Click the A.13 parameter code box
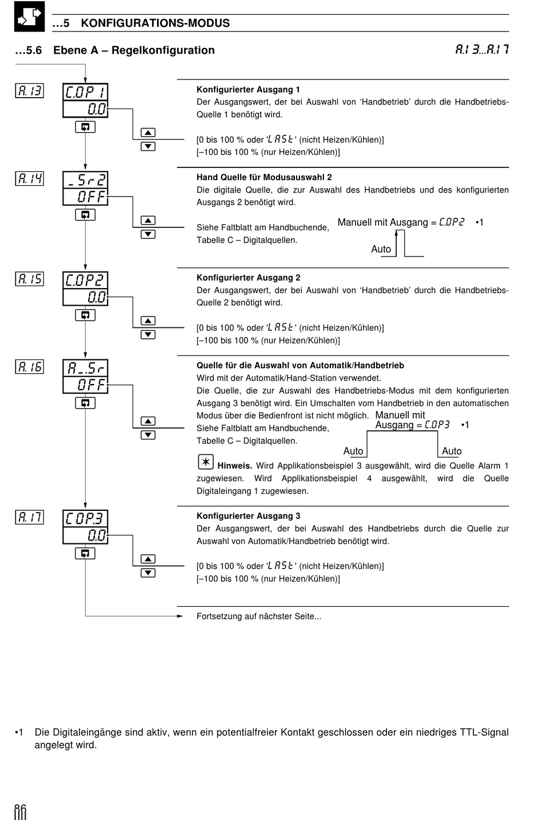pos(30,90)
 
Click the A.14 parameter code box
pos(30,178)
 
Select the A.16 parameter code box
pos(30,367)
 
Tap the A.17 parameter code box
pos(30,517)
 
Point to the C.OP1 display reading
pos(85,93)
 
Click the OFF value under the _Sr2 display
pos(85,197)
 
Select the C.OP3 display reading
pos(85,518)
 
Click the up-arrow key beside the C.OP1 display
pos(148,133)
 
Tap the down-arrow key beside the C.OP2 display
pos(148,335)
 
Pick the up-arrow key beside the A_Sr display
pos(148,421)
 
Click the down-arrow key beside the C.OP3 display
pos(148,573)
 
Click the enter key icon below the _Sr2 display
pos(85,215)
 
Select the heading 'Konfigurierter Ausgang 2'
pos(248,278)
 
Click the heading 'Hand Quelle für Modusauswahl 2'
pos(264,177)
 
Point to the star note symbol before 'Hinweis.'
pos(205,462)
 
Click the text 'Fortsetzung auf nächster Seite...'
pos(259,616)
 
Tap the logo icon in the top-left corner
pos(29,17)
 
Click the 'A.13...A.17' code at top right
pos(481,50)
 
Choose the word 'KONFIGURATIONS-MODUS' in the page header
pos(155,23)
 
